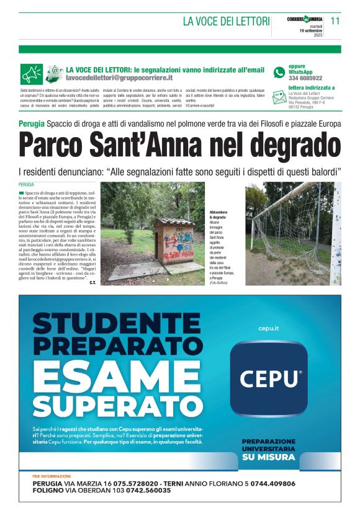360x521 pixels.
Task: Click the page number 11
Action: [x=335, y=20]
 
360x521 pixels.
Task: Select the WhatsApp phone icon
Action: [x=279, y=73]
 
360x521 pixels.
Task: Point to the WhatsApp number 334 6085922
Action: [x=305, y=79]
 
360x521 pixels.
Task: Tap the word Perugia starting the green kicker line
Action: [x=31, y=124]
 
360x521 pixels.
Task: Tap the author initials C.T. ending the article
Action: [x=92, y=283]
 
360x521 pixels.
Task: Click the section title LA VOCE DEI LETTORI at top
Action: [x=226, y=21]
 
